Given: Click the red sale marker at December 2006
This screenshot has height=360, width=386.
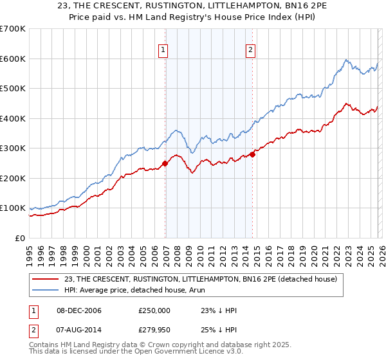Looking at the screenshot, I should tap(165, 163).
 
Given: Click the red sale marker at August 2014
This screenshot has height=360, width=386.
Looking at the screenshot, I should tap(253, 154).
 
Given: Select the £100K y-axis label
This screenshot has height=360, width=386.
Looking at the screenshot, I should tap(13, 208).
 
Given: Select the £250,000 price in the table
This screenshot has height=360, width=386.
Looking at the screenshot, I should tap(154, 310).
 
